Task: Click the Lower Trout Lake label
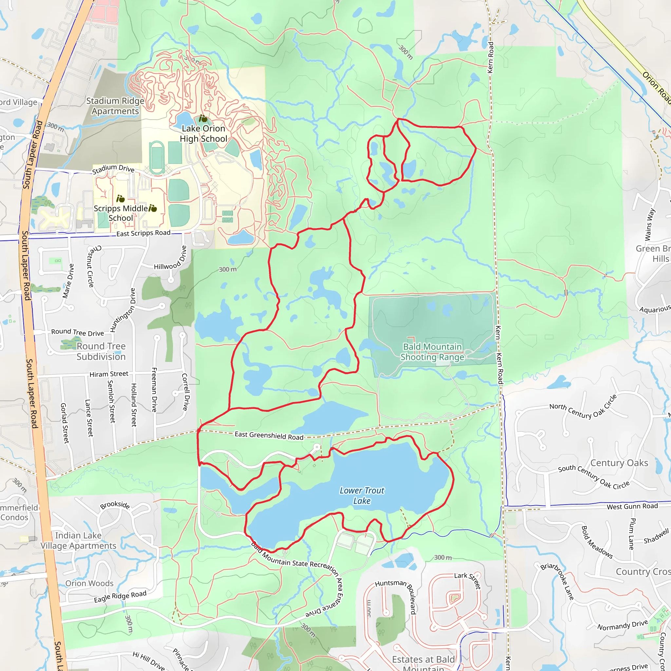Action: [x=362, y=496]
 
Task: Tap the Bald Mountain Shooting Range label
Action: [x=432, y=352]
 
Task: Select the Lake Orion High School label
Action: [x=203, y=134]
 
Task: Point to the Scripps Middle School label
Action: [x=121, y=213]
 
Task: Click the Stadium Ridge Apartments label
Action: [x=115, y=106]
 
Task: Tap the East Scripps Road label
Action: [x=143, y=233]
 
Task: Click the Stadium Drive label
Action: [x=113, y=168]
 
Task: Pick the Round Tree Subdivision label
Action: [x=101, y=352]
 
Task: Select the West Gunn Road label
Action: [x=632, y=507]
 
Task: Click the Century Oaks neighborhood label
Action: [x=619, y=463]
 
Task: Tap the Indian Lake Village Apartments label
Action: [x=78, y=540]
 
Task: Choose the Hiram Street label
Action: [x=109, y=374]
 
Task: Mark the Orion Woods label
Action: [x=89, y=583]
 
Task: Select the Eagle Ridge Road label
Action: [x=120, y=597]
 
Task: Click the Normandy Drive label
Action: [x=623, y=625]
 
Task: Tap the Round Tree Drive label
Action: [x=77, y=332]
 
